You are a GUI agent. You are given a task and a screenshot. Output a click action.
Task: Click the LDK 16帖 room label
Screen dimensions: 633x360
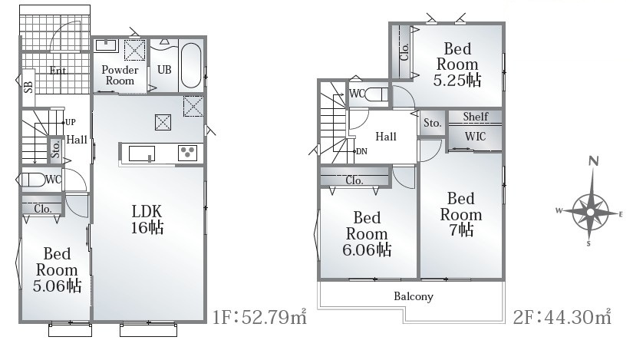[147, 220]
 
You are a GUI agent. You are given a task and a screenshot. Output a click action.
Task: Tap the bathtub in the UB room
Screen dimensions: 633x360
[190, 65]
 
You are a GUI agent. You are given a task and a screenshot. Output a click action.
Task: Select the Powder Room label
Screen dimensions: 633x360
[120, 75]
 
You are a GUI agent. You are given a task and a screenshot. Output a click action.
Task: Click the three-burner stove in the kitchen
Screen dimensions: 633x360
[187, 153]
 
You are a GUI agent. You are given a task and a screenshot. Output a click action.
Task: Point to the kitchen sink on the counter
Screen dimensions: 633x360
[142, 154]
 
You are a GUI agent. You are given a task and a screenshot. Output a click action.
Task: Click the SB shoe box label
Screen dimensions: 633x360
[28, 88]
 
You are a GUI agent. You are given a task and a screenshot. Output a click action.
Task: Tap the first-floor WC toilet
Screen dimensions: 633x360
[34, 180]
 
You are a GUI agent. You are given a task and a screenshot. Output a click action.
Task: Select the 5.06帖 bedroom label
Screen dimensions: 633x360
[57, 269]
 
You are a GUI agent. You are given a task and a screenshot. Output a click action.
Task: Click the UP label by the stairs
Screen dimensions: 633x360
[71, 122]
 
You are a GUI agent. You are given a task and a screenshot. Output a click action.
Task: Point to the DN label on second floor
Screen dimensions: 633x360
[361, 151]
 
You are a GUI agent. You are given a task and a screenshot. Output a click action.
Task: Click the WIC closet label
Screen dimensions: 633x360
[475, 137]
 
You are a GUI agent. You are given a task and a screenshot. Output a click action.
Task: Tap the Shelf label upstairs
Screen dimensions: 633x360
[476, 117]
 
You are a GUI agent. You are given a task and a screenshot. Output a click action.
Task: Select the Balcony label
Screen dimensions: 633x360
[414, 296]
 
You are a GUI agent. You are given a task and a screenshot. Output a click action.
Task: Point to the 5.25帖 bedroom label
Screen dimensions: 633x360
[457, 64]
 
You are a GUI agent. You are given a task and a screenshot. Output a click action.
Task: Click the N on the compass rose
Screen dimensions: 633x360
[593, 161]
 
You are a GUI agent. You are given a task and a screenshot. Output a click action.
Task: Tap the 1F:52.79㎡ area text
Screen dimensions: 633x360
[259, 317]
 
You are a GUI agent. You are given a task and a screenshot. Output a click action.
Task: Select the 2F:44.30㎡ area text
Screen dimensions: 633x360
[562, 317]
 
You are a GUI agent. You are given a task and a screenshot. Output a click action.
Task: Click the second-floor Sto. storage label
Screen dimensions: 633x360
[433, 123]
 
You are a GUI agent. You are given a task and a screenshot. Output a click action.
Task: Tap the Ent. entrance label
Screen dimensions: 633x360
[58, 71]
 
